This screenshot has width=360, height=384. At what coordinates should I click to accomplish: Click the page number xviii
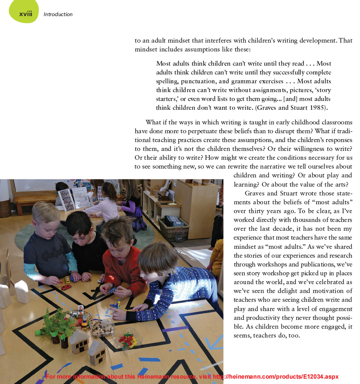point(26,14)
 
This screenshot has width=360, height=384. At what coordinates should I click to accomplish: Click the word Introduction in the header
point(58,15)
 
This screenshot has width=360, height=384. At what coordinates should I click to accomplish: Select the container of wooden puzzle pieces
point(102,328)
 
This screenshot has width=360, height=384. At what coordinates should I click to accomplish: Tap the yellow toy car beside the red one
point(68,279)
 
